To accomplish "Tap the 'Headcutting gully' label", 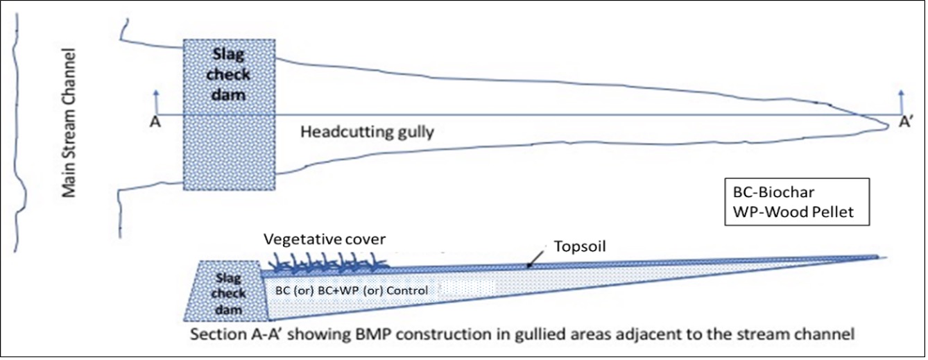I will (367, 131).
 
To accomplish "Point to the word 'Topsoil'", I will (577, 246).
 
